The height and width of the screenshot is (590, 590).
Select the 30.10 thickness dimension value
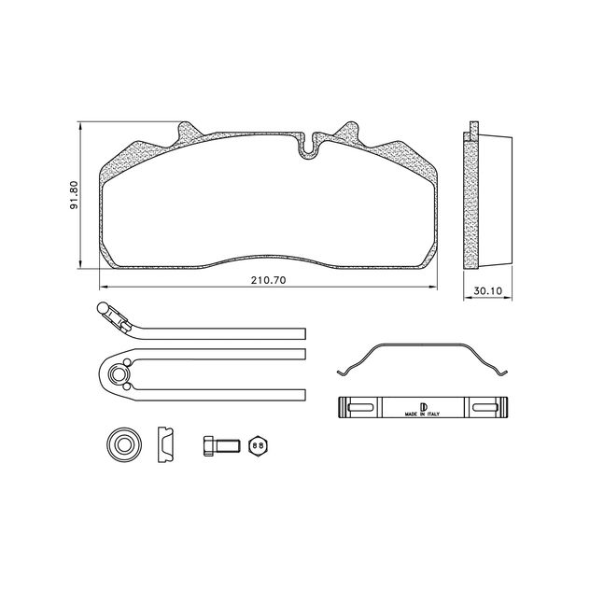tap(487, 291)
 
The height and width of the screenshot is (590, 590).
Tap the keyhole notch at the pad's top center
tap(308, 146)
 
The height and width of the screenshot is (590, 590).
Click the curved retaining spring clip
tap(422, 359)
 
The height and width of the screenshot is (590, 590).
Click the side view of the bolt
tap(217, 445)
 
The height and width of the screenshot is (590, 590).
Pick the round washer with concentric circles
tap(121, 444)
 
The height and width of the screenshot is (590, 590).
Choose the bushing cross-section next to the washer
tap(165, 444)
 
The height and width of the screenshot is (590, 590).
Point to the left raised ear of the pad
tap(188, 131)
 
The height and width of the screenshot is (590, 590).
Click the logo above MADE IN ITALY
tap(422, 403)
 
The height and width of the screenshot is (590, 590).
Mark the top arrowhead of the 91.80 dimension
tap(80, 125)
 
